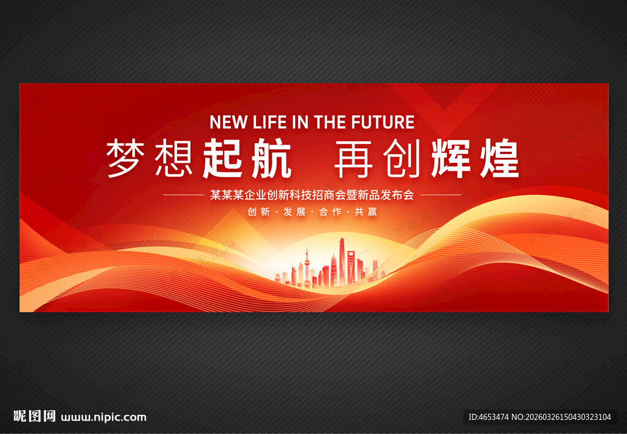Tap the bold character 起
[x=222, y=158]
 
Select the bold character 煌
[x=498, y=158]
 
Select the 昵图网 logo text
[x=34, y=417]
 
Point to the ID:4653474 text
[x=488, y=417]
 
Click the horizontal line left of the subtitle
[x=183, y=195]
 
